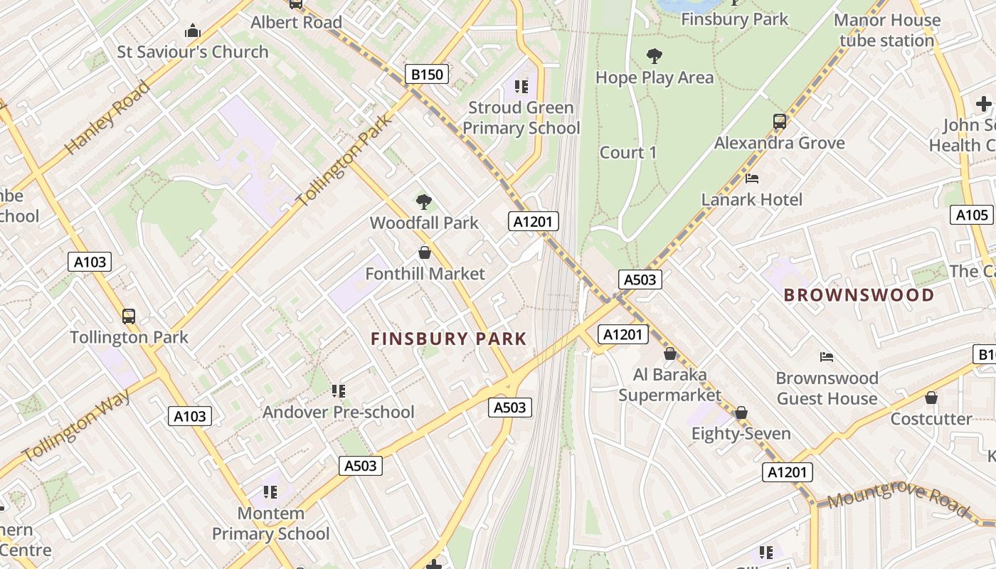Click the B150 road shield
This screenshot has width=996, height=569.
[x=427, y=74]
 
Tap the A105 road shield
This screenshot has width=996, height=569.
[x=971, y=215]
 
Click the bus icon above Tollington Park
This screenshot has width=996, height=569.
[x=129, y=316]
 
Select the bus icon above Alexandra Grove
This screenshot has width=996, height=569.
[x=780, y=122]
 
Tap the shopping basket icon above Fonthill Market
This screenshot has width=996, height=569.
[x=425, y=252]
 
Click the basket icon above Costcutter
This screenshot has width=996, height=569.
[x=931, y=398]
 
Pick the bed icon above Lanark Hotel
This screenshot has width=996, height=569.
[x=752, y=179]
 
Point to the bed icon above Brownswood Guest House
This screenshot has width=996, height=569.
[x=826, y=356]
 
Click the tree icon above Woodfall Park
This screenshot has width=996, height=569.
[x=424, y=202]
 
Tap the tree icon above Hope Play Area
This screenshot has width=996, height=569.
[x=654, y=56]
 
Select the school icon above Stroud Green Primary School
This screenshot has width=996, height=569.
[x=521, y=87]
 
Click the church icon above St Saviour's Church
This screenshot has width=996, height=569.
[x=192, y=31]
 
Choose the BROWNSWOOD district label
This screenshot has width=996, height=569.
[x=859, y=295]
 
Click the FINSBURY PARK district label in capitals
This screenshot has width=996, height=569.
[x=448, y=339]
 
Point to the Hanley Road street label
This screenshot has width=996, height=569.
[x=107, y=117]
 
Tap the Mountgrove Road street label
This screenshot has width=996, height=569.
[x=899, y=498]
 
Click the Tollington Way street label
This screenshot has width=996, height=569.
[x=77, y=425]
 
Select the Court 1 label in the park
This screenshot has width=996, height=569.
[x=628, y=152]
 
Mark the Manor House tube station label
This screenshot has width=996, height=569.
[x=886, y=30]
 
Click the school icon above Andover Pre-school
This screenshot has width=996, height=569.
[x=339, y=390]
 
